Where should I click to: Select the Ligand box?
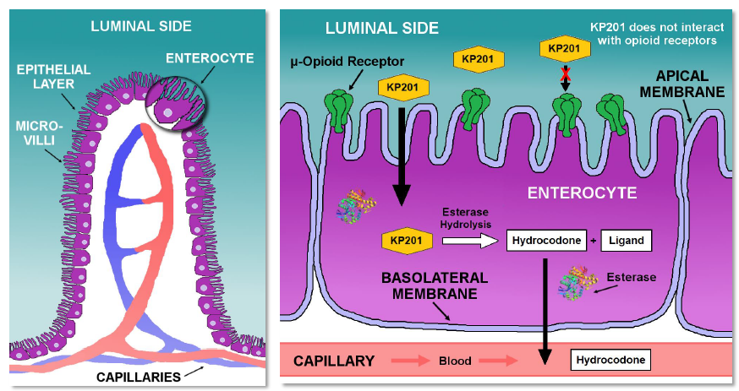[x=627, y=241]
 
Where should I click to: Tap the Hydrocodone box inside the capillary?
[x=610, y=361]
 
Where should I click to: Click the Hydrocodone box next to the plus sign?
[x=547, y=241]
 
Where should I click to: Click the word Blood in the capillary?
[x=454, y=361]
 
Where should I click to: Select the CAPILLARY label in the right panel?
[x=333, y=361]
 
